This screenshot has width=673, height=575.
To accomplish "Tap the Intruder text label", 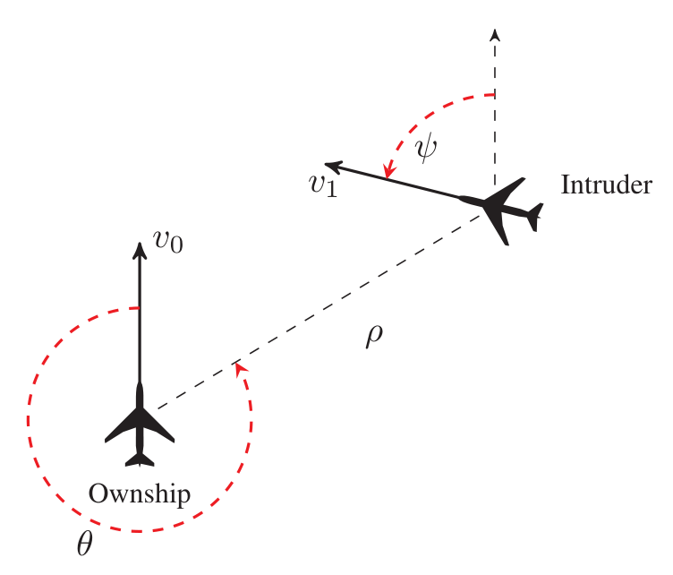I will click(x=606, y=185).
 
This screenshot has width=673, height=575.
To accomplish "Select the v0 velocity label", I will click(x=168, y=242).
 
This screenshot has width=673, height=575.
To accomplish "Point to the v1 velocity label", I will click(x=319, y=185).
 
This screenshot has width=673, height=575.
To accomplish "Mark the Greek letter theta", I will click(x=83, y=544).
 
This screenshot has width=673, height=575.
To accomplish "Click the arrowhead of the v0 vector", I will click(x=140, y=249).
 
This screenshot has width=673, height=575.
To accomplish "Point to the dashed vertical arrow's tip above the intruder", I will click(x=494, y=34).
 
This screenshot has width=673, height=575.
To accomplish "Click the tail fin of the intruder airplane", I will click(x=535, y=216).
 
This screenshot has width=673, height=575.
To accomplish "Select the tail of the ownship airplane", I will click(x=140, y=459).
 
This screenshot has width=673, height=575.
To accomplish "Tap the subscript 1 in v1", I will click(x=332, y=191).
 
